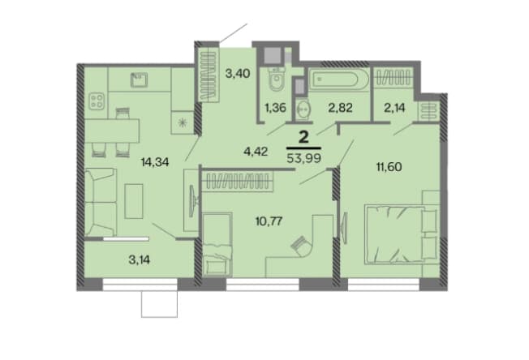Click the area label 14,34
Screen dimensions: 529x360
tap(154, 163)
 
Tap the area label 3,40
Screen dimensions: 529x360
tap(238, 73)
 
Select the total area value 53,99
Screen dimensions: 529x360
tap(303, 157)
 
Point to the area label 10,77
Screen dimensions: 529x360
tap(269, 221)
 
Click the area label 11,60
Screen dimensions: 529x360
tap(389, 166)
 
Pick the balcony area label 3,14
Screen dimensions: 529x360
tap(140, 260)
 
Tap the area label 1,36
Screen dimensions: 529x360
tap(275, 108)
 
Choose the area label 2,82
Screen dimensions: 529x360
tap(340, 108)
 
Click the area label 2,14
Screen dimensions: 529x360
tap(395, 108)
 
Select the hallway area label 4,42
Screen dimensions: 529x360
tap(256, 152)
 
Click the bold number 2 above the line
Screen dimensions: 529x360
tap(303, 137)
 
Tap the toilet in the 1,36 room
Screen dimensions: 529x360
tap(277, 79)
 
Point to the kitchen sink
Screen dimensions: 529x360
tap(139, 79)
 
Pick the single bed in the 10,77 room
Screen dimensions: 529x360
tap(217, 245)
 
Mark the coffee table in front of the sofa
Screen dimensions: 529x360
tap(134, 201)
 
